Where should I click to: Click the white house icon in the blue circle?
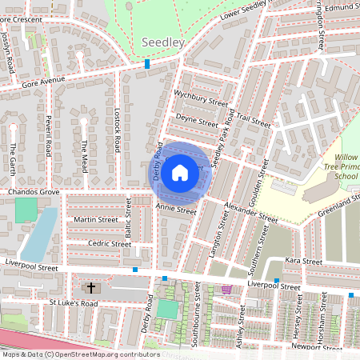[180, 172]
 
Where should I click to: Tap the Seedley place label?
[163, 41]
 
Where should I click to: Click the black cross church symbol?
[90, 287]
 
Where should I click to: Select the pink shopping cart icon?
[226, 289]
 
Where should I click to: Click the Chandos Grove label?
[34, 193]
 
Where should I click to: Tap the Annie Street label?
[176, 210]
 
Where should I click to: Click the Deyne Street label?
[197, 122]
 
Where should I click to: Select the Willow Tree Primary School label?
[346, 166]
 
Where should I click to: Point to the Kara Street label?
[303, 261]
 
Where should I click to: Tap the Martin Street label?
[96, 219]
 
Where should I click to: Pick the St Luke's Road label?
[73, 303]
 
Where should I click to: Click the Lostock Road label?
[117, 133]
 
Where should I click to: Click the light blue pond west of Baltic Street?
[38, 232]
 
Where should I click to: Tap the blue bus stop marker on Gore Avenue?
[147, 64]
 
